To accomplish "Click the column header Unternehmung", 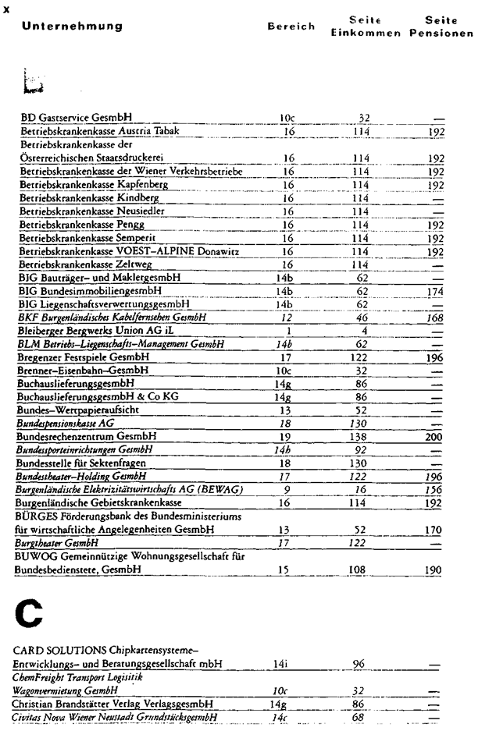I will click(72, 27).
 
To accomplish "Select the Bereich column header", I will click(291, 27).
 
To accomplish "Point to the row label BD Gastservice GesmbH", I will click(75, 119).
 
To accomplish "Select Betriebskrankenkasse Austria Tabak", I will click(99, 131).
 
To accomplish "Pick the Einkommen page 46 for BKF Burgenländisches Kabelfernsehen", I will click(363, 318).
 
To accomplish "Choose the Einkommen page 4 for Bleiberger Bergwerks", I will click(363, 331).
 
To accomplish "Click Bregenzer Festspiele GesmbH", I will click(85, 357).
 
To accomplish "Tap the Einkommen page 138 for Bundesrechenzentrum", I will click(361, 438).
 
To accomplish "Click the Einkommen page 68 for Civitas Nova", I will click(360, 717).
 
